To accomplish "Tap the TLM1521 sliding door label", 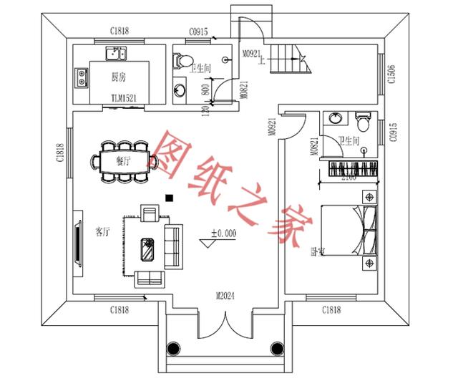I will pos(124,97).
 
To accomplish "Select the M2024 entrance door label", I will pos(227,295).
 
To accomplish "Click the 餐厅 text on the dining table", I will pos(124,161).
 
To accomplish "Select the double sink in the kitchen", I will pos(115,54).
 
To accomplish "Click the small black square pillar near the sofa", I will pos(169,197).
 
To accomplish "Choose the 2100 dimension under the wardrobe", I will pos(349,177).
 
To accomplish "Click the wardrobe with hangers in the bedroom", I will pos(352,168).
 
